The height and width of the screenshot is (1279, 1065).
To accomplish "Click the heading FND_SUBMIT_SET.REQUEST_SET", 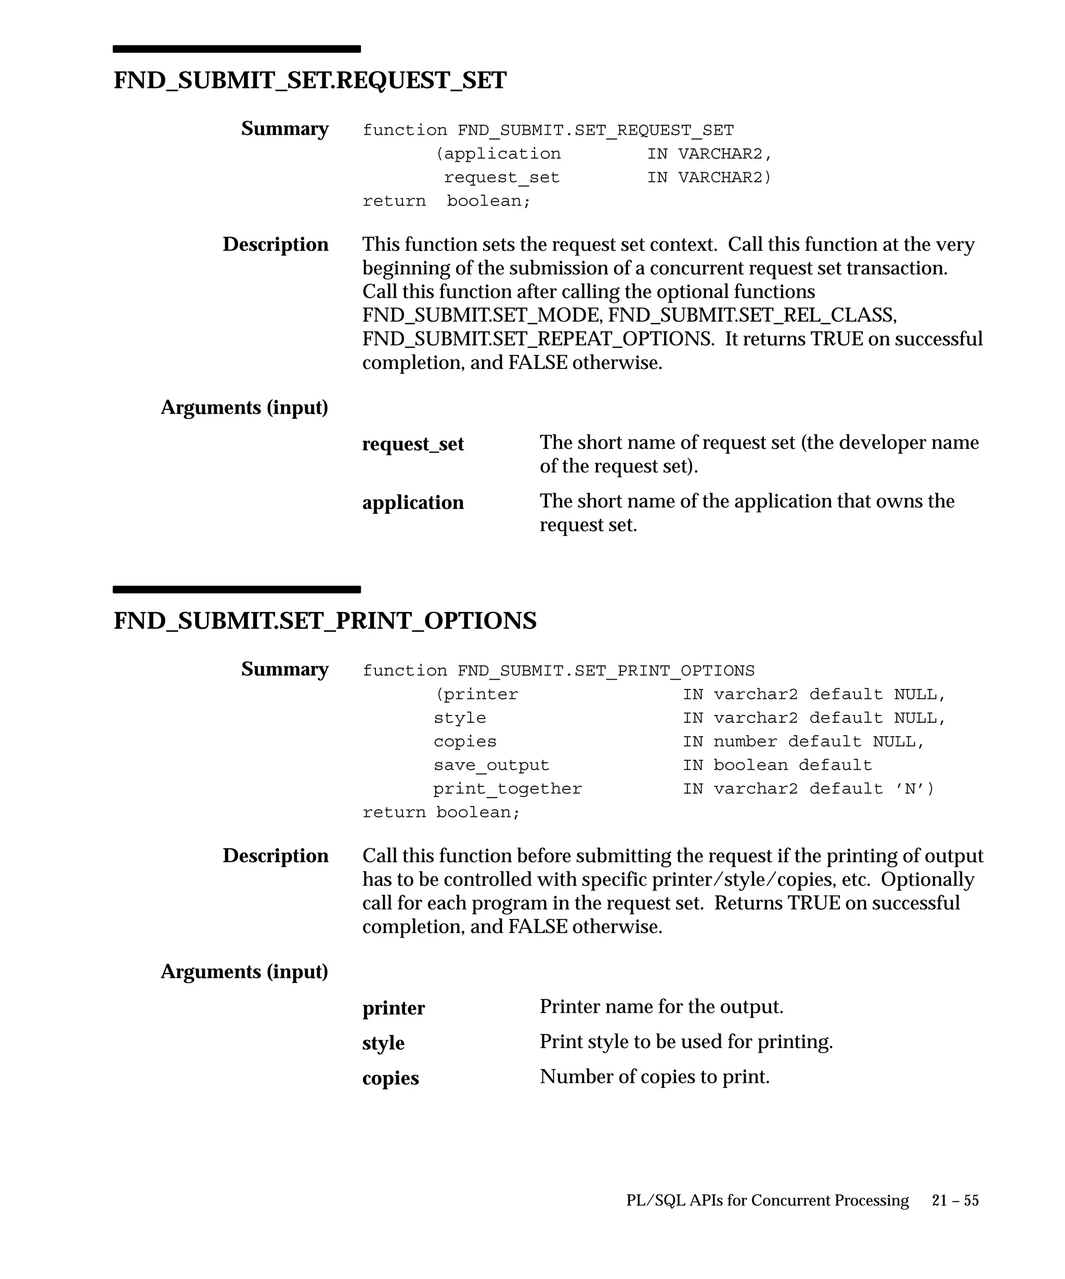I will point(310,81).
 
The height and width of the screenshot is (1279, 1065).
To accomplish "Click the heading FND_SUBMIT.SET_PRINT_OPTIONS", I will point(325,621).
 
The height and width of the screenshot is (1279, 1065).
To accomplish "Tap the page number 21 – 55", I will point(955,1200).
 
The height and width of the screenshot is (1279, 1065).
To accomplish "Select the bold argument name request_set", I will point(412,444).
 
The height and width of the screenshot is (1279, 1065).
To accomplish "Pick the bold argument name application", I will point(412,503).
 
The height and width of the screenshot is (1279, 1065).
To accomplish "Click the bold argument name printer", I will point(393,1007).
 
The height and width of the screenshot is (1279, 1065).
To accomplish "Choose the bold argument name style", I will point(383,1043).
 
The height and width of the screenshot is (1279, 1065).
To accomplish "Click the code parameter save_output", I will point(491,765).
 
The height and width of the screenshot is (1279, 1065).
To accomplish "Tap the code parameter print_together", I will point(508,789).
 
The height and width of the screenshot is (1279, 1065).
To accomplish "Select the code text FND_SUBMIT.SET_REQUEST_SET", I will point(596,130).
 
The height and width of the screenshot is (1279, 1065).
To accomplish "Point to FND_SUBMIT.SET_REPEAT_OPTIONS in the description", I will point(537,339).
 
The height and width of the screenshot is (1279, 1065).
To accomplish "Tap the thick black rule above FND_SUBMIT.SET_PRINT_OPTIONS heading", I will point(237,589).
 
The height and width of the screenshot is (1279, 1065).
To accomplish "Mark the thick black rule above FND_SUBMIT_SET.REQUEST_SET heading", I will point(237,49).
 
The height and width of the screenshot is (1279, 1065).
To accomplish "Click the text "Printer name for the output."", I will point(661,1006).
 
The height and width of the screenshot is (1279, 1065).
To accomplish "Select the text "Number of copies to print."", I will point(654,1076).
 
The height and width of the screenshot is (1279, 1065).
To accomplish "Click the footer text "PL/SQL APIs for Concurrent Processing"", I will point(768,1200).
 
